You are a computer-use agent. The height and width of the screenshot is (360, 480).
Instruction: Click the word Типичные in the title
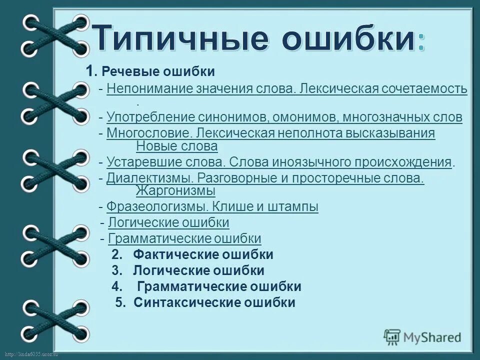point(178,40)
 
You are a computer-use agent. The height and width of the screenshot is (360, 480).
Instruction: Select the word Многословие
point(149,133)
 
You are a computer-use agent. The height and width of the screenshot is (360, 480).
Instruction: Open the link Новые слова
point(176,146)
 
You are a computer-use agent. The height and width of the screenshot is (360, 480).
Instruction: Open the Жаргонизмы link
point(175,191)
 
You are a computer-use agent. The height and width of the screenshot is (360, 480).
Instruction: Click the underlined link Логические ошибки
point(168,222)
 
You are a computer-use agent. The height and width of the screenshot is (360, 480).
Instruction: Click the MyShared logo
point(422,336)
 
